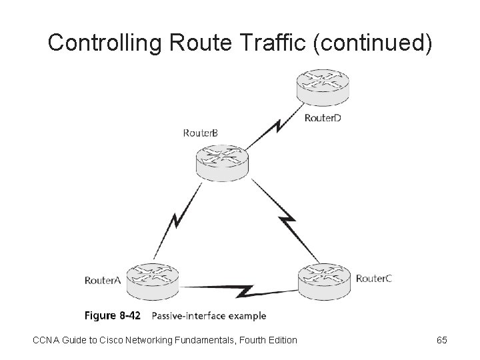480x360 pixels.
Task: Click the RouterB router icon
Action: (221, 162)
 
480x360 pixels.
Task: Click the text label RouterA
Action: (103, 281)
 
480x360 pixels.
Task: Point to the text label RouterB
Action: (200, 133)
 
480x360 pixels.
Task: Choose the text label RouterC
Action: (374, 278)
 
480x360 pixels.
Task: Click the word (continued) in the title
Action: (372, 44)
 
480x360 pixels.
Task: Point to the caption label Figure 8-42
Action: (112, 315)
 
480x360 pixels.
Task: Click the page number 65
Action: (441, 341)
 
